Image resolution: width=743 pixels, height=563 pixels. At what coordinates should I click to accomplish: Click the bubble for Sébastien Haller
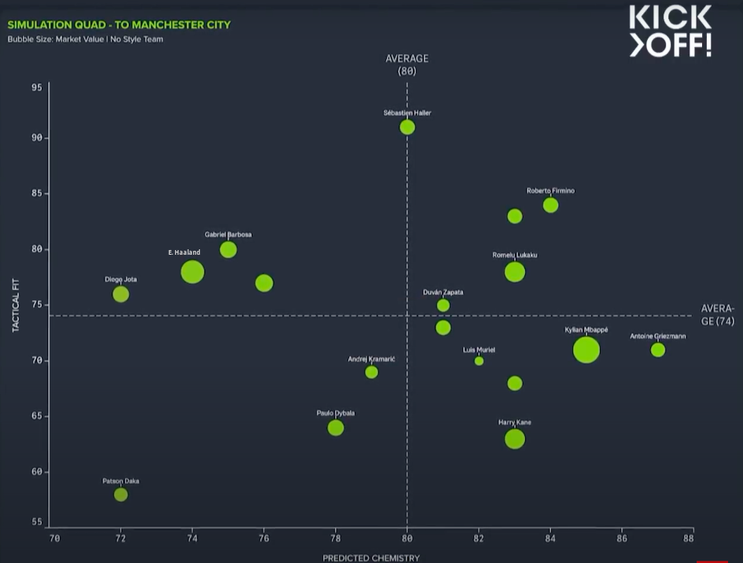click(x=407, y=127)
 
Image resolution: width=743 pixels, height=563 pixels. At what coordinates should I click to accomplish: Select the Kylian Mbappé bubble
click(x=586, y=349)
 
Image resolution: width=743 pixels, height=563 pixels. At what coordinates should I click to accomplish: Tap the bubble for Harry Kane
click(x=514, y=439)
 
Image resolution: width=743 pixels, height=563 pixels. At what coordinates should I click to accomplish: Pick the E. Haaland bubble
click(x=192, y=272)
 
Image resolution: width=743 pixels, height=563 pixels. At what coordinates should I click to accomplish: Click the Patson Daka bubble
click(x=120, y=495)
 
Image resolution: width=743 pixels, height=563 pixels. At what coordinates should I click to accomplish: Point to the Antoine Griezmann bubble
click(x=658, y=350)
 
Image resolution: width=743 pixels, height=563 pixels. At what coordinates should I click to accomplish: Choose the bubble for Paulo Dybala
click(x=336, y=428)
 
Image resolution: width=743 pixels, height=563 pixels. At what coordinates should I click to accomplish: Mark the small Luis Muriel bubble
click(x=479, y=361)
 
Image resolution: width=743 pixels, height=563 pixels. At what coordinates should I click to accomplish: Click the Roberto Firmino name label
click(x=550, y=191)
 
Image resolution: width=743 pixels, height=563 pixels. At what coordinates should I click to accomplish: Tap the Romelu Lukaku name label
click(x=515, y=255)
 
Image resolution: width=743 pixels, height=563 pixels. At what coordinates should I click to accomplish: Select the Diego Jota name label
click(x=120, y=279)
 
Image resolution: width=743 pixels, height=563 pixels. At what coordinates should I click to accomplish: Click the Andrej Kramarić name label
click(x=371, y=359)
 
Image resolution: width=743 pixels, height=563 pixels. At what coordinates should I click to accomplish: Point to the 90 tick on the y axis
click(x=37, y=138)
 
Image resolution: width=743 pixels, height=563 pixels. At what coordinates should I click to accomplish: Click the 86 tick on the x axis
click(x=622, y=539)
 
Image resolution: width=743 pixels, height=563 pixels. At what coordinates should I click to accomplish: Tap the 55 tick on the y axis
click(x=37, y=522)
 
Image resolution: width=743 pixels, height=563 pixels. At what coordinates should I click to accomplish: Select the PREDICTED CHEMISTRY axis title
click(x=371, y=557)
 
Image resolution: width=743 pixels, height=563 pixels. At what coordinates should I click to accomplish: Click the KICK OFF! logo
click(x=670, y=31)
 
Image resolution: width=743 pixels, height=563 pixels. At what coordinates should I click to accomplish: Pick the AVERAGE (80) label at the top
click(x=406, y=64)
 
